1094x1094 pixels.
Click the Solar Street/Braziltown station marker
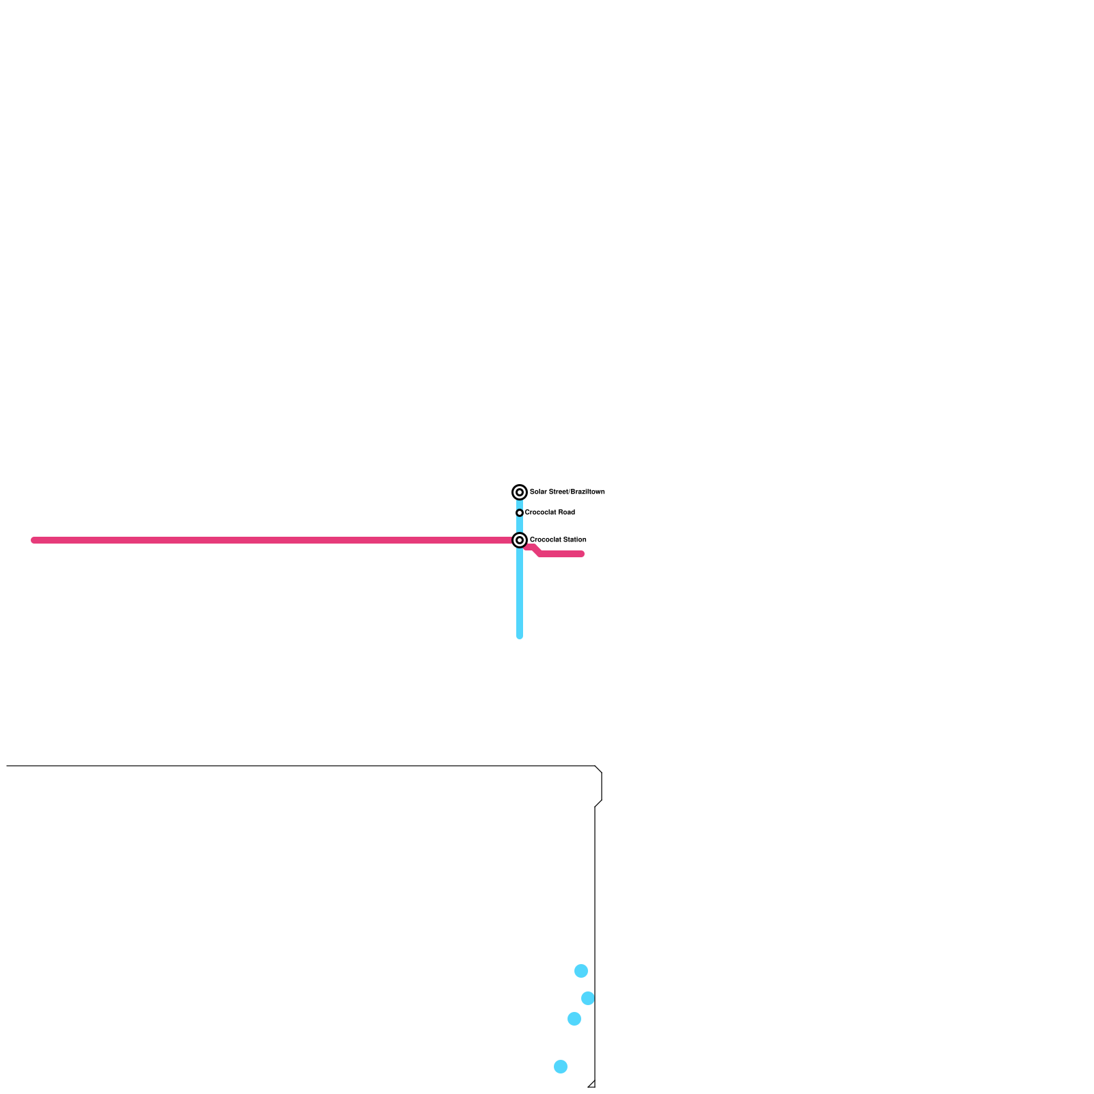pos(520,492)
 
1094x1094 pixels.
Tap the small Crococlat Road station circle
pos(520,513)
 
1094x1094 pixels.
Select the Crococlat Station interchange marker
pos(520,540)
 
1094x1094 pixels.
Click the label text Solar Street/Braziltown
pos(567,492)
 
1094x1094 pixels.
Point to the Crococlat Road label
pos(550,513)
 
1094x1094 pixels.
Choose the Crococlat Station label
pos(558,540)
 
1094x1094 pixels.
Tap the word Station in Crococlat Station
pos(574,540)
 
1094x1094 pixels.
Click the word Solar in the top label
pos(537,492)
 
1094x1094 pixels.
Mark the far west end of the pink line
pos(34,540)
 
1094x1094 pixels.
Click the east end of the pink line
pos(582,554)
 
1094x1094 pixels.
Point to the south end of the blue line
pos(520,636)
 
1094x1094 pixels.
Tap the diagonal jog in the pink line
pos(537,550)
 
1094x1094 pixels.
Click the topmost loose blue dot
pos(581,971)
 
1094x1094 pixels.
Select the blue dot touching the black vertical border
pos(588,998)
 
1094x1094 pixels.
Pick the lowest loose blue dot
pos(561,1067)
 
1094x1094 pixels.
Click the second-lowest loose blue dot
pos(574,1019)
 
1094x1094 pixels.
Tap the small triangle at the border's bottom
pos(592,1084)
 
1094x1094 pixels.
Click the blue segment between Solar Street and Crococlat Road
pos(520,503)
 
